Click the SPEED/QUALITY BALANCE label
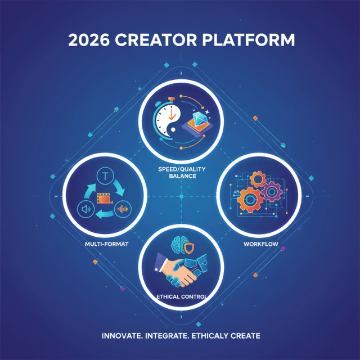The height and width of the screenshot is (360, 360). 182,172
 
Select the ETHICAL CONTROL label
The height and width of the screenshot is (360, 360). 182,295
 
